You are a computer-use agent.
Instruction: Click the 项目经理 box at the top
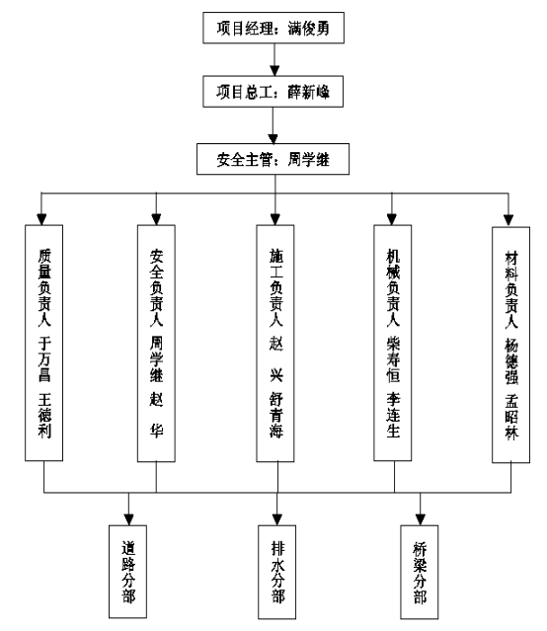pos(273,28)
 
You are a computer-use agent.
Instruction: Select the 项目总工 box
pos(273,92)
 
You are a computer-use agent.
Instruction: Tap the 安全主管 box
pos(273,159)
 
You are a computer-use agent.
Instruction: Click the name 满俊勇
pos(309,29)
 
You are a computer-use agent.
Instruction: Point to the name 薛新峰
pos(309,92)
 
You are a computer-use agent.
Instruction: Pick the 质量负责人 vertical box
pos(43,343)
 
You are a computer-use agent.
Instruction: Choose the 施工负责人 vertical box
pos(275,344)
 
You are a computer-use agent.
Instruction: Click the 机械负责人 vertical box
pos(392,343)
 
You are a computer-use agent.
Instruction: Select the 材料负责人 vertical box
pos(510,345)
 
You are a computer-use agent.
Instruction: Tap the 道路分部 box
pos(127,572)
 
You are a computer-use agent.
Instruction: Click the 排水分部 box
pos(276,573)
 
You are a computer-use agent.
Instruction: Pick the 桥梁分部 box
pos(420,573)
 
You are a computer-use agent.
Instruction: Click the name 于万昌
pos(44,359)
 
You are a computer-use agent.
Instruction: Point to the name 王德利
pos(44,416)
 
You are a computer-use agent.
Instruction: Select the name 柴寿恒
pos(393,359)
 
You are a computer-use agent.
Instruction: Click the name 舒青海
pos(276,416)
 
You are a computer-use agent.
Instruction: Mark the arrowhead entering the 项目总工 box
pos(274,71)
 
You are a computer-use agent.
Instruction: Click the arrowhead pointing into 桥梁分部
pos(421,520)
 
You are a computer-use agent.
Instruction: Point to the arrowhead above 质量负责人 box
pos(41,220)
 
